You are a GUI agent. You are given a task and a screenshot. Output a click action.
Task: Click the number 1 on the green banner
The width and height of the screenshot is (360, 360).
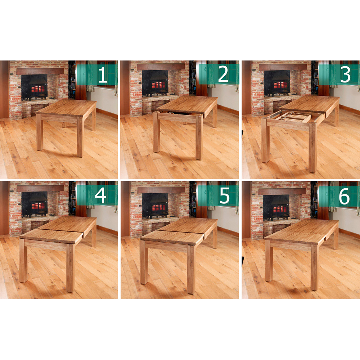point(103,75)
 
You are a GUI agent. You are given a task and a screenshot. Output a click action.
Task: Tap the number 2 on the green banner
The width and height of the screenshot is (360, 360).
point(223,74)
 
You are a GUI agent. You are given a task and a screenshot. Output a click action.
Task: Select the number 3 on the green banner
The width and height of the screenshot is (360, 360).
point(345,74)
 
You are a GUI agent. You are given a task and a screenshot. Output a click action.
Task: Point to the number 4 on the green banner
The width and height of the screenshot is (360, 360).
point(100,195)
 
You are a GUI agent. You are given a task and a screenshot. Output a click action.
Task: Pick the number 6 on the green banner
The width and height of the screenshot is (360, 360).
point(344,196)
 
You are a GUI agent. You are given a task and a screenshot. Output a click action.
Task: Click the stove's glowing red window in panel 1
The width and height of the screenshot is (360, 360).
point(38,89)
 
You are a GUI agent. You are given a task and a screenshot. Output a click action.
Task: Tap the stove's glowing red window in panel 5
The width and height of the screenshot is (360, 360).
point(159,207)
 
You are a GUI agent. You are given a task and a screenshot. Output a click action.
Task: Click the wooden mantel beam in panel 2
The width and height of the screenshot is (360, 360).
point(161,67)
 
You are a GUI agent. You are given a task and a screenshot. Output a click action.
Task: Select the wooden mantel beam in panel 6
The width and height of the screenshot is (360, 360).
point(282,192)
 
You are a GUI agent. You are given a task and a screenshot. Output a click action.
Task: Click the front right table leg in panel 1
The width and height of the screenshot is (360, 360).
point(80,137)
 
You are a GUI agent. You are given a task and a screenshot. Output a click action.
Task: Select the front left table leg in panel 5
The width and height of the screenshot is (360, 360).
point(144,262)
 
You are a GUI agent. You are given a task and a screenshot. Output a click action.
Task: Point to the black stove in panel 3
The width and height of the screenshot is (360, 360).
point(277,84)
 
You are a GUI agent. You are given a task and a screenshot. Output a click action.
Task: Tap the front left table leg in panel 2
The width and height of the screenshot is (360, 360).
point(157,132)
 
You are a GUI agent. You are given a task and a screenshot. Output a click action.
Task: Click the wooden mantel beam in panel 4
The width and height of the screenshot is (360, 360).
point(40,189)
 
